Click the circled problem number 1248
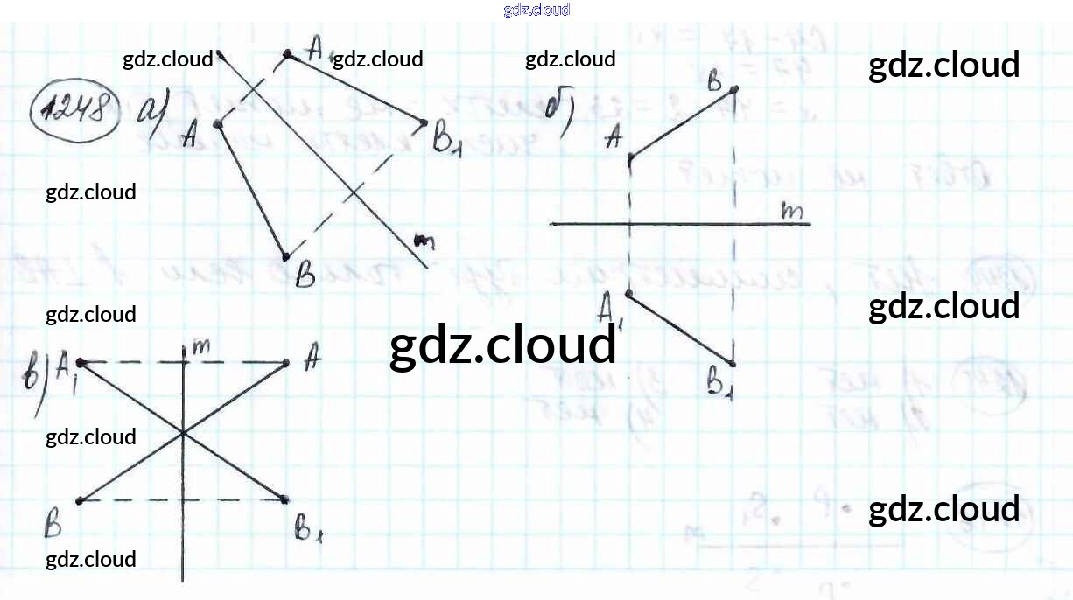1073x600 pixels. (75, 110)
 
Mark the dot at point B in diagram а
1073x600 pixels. (286, 256)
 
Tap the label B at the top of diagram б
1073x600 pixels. (714, 82)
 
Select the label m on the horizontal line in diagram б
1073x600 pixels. (792, 211)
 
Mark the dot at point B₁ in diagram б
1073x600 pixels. (733, 363)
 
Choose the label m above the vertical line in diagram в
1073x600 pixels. (200, 346)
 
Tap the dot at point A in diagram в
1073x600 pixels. (286, 362)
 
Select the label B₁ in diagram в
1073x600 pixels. (306, 527)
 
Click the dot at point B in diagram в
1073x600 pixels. (80, 500)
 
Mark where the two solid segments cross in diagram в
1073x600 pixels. (183, 432)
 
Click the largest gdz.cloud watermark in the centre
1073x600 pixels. (502, 345)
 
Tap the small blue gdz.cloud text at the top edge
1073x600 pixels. (536, 10)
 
